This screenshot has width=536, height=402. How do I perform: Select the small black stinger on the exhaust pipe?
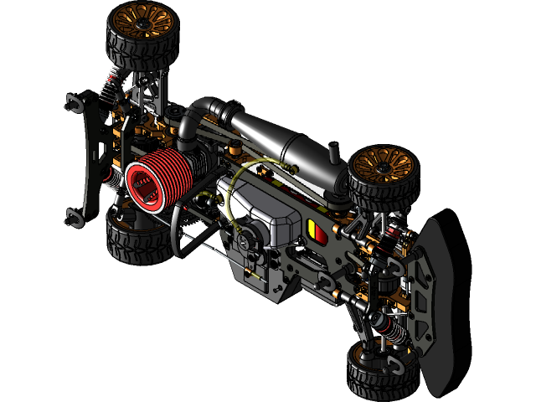coord(334,155)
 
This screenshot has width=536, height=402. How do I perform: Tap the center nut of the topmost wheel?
coord(140,16)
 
